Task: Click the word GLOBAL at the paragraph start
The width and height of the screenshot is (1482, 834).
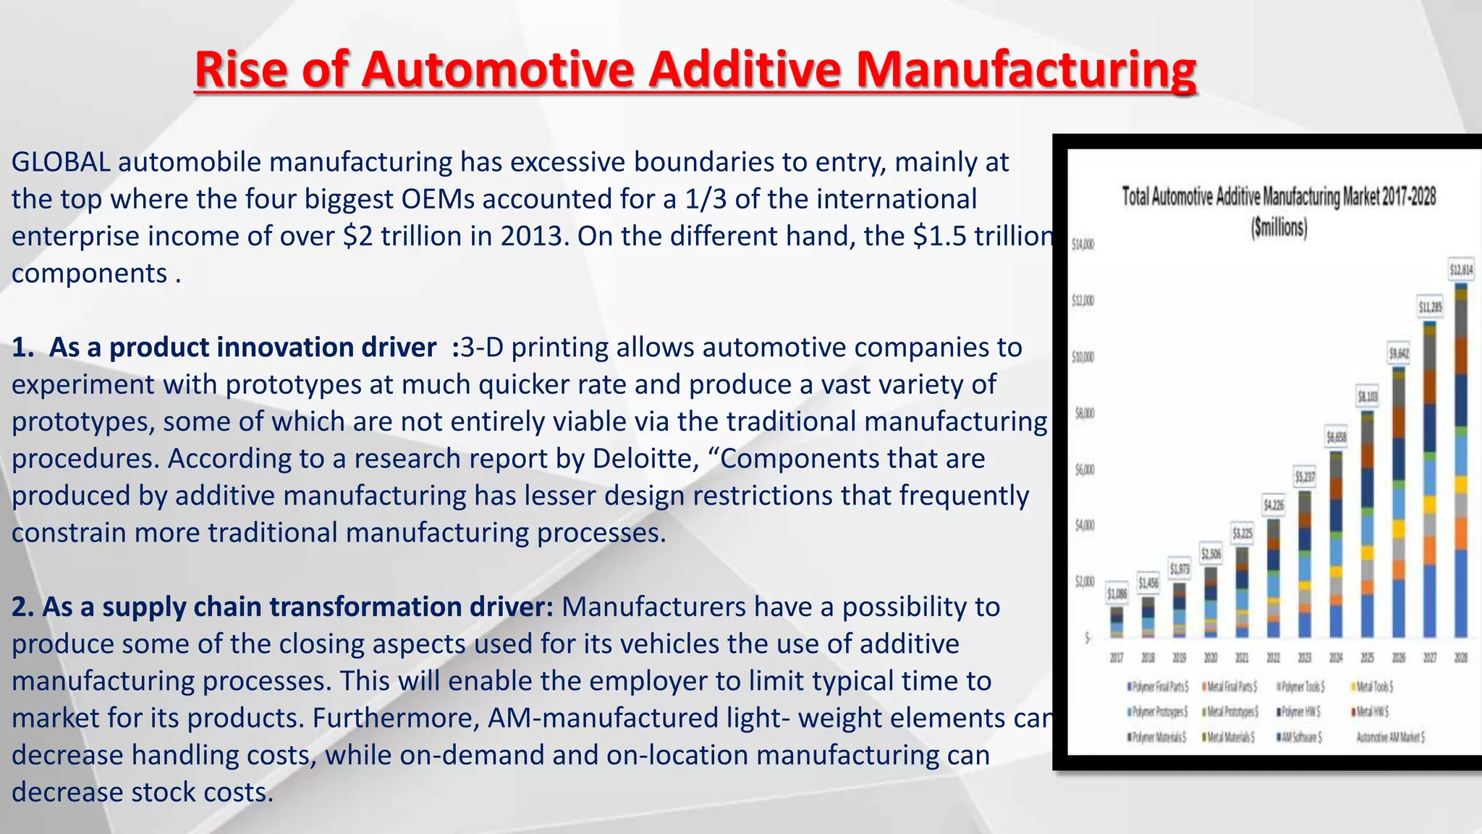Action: [x=61, y=162]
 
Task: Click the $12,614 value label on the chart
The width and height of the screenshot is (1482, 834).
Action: [x=1461, y=270]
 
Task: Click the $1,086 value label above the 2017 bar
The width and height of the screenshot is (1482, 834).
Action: [x=1117, y=594]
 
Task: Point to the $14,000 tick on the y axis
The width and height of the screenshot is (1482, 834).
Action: [x=1083, y=245]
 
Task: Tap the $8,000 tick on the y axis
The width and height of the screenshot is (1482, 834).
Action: [x=1083, y=413]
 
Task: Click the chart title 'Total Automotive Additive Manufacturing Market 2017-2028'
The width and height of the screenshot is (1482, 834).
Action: [x=1279, y=197]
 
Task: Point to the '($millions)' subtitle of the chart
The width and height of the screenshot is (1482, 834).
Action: [x=1279, y=228]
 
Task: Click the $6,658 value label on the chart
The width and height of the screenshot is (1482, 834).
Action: [x=1336, y=437]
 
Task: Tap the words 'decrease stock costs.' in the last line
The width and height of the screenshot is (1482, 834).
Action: [x=143, y=792]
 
